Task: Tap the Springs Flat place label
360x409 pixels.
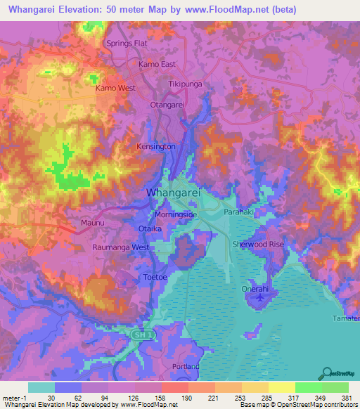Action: (x=127, y=44)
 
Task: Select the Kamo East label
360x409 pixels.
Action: (x=157, y=64)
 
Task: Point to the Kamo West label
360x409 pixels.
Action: (x=115, y=89)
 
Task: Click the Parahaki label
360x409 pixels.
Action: (x=237, y=212)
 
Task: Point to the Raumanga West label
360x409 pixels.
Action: (x=121, y=248)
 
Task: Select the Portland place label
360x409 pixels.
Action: (x=186, y=366)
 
